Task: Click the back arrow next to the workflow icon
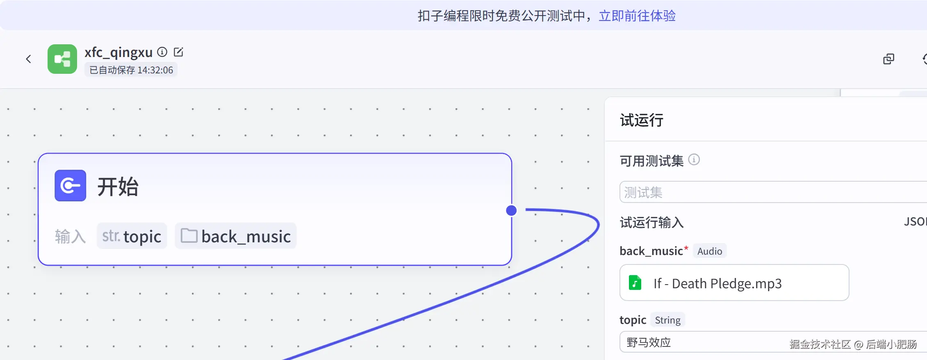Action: [28, 59]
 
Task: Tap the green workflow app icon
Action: [62, 59]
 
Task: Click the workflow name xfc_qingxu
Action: [118, 52]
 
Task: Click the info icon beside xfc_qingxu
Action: [162, 52]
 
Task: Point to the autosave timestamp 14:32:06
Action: [155, 70]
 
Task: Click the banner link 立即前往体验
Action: [637, 16]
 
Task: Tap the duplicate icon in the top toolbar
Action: [888, 59]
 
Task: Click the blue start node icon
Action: [71, 185]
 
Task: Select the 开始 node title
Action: [118, 187]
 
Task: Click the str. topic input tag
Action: [132, 236]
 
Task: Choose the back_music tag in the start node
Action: [236, 236]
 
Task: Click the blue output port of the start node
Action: [511, 210]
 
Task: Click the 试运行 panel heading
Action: [642, 120]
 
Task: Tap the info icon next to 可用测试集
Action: [694, 159]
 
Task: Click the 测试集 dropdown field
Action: [773, 192]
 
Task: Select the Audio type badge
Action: [710, 251]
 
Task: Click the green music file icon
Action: [635, 283]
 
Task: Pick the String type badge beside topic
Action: [667, 320]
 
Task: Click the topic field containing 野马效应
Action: [773, 342]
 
